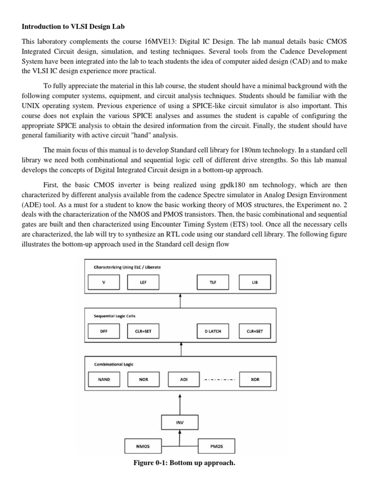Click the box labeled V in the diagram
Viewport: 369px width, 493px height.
(103, 282)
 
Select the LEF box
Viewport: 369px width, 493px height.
(143, 282)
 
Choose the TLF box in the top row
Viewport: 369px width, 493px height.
(213, 282)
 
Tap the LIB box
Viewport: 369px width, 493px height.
(254, 282)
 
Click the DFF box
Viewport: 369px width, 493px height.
(103, 331)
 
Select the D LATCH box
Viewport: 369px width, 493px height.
(213, 331)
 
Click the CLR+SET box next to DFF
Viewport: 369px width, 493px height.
(143, 331)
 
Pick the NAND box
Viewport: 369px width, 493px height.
(103, 379)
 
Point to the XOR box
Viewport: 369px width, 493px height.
(254, 379)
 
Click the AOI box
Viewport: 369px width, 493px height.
(183, 379)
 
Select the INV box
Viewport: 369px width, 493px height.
(180, 423)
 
